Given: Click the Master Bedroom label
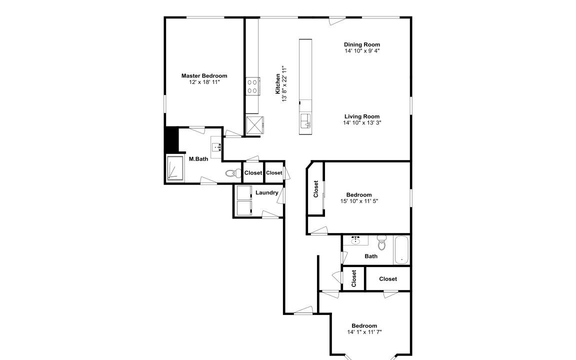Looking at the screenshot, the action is (x=204, y=75).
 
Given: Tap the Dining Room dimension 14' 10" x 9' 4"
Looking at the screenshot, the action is (x=362, y=51).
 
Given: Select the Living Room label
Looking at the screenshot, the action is (x=362, y=116).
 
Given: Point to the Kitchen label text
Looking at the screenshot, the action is (x=278, y=84).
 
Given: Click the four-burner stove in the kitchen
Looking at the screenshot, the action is (x=252, y=86).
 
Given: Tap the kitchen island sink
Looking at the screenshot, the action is (x=305, y=120).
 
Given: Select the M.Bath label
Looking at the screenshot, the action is (x=198, y=159).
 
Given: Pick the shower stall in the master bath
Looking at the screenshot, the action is (x=175, y=168).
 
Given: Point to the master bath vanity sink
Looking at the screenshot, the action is (x=216, y=147).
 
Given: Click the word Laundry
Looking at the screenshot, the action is (x=266, y=192).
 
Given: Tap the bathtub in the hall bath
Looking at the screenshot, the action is (x=401, y=250).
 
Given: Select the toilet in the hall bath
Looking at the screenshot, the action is (x=382, y=243).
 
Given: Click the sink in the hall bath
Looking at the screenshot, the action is (x=355, y=240).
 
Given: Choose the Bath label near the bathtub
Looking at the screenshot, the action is (x=371, y=256).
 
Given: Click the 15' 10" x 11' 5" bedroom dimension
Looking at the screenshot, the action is (x=359, y=201).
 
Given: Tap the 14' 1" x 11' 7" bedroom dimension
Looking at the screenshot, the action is (x=364, y=332).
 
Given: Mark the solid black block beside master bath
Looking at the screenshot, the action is (x=171, y=139).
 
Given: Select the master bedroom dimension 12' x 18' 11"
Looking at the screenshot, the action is (x=204, y=82).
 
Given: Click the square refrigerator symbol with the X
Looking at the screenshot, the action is (x=255, y=125).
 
